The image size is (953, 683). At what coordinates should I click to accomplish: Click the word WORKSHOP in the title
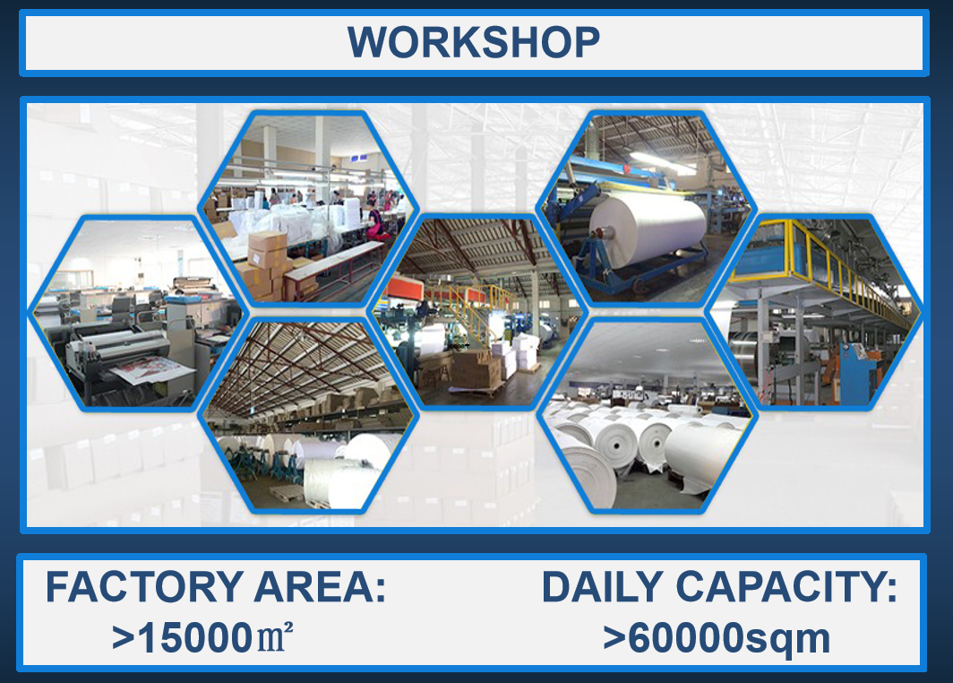(474, 42)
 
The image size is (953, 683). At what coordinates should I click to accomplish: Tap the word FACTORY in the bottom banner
(145, 587)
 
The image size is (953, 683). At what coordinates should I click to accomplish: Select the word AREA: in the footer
(320, 587)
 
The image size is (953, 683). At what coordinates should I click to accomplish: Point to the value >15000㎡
(203, 637)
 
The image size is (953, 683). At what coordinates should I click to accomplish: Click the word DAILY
(602, 587)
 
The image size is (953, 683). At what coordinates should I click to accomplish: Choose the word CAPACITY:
(786, 587)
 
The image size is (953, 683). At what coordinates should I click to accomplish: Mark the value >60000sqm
(717, 638)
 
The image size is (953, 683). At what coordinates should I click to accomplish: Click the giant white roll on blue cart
(648, 230)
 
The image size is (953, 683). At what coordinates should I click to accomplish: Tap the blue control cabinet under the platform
(857, 372)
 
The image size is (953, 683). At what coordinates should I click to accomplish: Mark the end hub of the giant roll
(599, 231)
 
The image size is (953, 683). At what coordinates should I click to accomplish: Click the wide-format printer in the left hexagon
(131, 356)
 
